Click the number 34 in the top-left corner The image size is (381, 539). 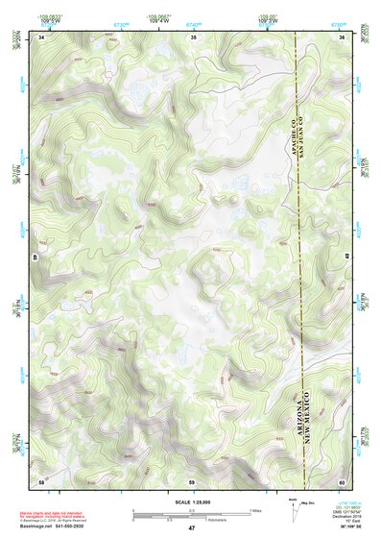click(41, 37)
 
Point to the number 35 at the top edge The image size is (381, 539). click(193, 37)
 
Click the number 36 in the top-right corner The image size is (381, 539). click(343, 37)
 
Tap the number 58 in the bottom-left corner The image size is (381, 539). click(41, 479)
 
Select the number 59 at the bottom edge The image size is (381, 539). click(192, 479)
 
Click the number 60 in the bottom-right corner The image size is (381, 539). click(343, 479)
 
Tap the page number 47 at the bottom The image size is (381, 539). click(192, 528)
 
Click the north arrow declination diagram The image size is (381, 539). click(294, 509)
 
